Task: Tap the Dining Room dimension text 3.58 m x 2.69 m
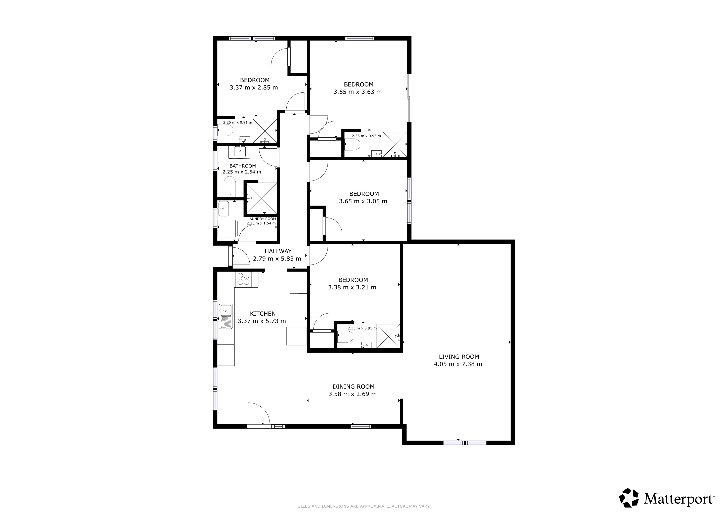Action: click(353, 394)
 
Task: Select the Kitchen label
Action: click(263, 314)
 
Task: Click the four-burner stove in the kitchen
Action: click(244, 279)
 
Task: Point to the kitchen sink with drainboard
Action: click(226, 317)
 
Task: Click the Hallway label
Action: click(278, 251)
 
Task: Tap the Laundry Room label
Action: click(262, 219)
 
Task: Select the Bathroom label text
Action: click(243, 166)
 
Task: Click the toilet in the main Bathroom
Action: click(230, 187)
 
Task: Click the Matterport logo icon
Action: click(629, 498)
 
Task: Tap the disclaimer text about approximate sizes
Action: click(364, 506)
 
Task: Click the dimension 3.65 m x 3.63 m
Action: click(358, 92)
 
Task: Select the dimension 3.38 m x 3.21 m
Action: click(352, 288)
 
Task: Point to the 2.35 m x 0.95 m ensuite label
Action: click(366, 136)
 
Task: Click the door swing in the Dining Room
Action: click(259, 413)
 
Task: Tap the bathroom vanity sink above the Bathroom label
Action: click(240, 152)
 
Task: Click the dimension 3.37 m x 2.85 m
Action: click(254, 88)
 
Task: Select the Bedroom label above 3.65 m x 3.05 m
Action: click(364, 194)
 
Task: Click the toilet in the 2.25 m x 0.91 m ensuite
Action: click(225, 130)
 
